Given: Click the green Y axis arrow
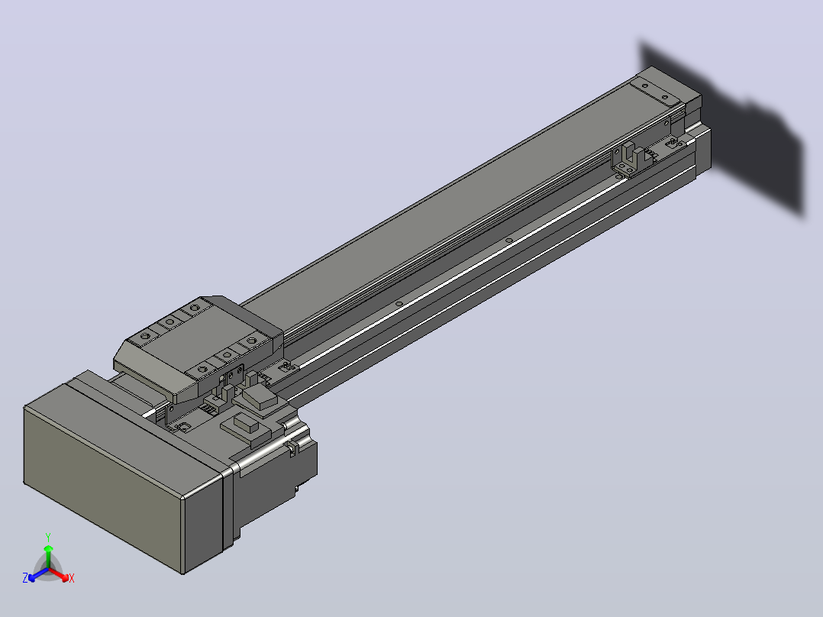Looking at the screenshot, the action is pyautogui.click(x=48, y=557).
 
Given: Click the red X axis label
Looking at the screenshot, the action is pyautogui.click(x=72, y=578).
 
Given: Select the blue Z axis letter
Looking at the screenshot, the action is pyautogui.click(x=25, y=577).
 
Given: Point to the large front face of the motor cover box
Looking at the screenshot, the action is pyautogui.click(x=102, y=489).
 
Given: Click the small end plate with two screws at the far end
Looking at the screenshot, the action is pyautogui.click(x=656, y=92).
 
